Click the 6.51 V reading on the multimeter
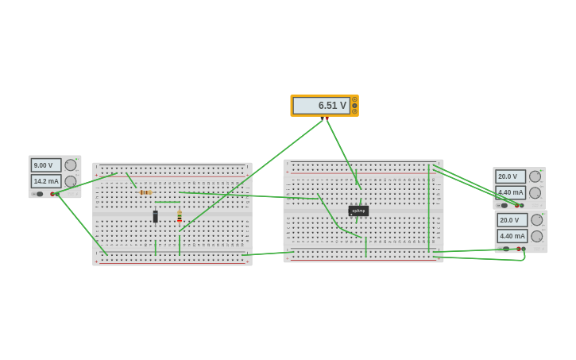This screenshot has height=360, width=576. click(321, 106)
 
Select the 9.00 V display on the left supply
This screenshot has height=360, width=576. click(45, 165)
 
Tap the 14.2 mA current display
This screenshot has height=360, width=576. click(45, 181)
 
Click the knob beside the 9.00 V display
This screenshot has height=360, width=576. click(71, 165)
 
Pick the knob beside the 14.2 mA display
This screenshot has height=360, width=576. click(71, 181)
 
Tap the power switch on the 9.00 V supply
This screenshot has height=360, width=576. click(39, 194)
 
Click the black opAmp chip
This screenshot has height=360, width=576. click(358, 211)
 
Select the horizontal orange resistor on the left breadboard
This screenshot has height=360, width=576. click(145, 192)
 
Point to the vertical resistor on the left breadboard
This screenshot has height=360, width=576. click(180, 215)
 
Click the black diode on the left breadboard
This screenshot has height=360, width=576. click(156, 216)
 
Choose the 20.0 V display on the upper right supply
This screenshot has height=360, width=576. click(509, 176)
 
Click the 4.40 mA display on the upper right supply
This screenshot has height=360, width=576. click(509, 192)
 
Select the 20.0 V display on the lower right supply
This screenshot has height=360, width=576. click(511, 220)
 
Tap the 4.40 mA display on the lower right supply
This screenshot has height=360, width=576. click(511, 236)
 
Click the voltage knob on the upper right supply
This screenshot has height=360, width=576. click(535, 176)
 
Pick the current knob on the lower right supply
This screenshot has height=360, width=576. click(537, 236)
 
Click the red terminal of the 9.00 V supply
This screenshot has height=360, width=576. click(52, 194)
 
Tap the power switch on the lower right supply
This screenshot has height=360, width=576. click(505, 249)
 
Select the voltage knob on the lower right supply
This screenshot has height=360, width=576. click(537, 220)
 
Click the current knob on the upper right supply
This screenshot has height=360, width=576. click(535, 192)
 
